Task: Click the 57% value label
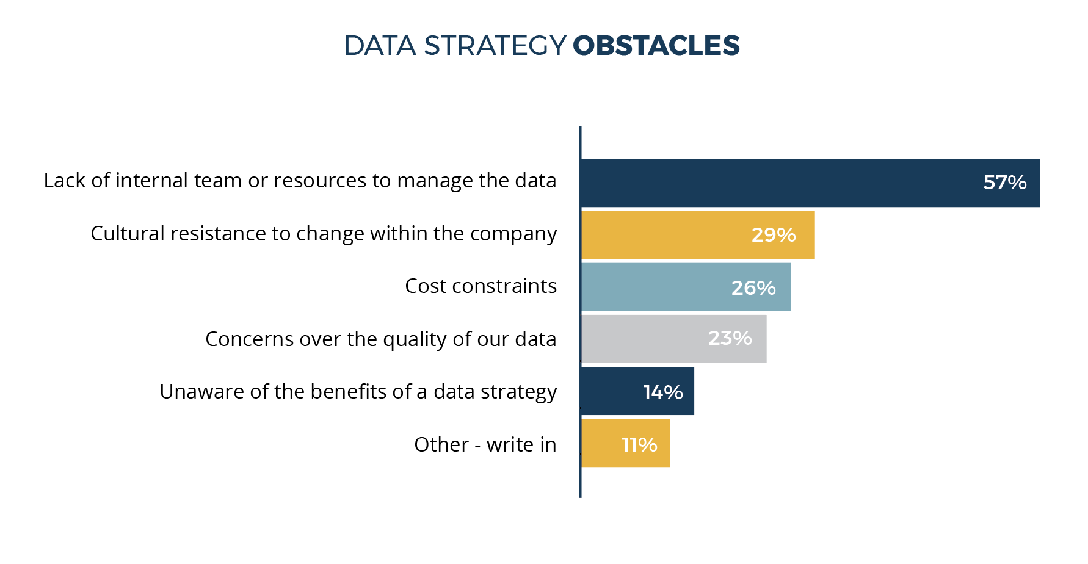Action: [x=1004, y=183]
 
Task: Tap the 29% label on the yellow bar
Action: [x=773, y=235]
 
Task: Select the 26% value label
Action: [x=753, y=287]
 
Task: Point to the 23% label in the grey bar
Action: [x=730, y=338]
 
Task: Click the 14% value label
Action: [x=662, y=392]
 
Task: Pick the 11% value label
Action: [x=639, y=444]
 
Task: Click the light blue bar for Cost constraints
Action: [x=653, y=287]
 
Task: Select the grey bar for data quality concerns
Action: [x=641, y=339]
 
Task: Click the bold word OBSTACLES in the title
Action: [x=656, y=46]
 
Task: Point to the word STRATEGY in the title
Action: [x=495, y=46]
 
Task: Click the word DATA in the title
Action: [x=379, y=46]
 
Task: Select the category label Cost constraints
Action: [x=481, y=286]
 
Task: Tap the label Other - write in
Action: [x=485, y=444]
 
